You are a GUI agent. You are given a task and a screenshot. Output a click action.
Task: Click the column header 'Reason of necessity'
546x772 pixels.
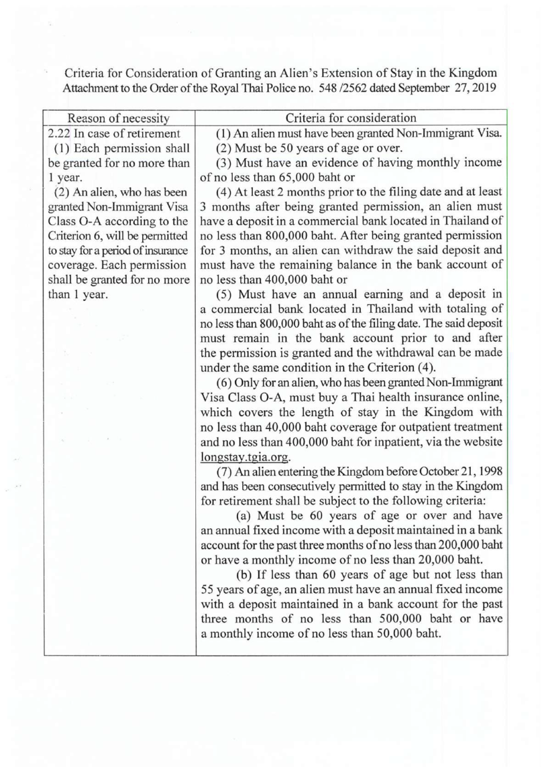[x=118, y=119]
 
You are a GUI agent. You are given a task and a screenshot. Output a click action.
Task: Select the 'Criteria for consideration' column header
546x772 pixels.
[x=352, y=119]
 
